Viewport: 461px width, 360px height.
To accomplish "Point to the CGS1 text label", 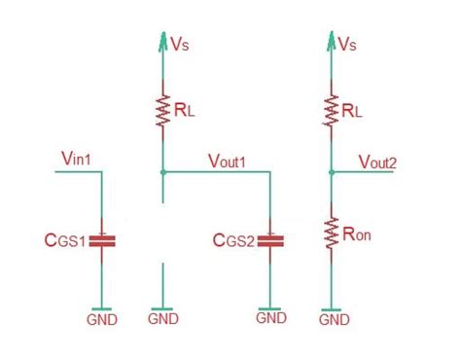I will point(64,240).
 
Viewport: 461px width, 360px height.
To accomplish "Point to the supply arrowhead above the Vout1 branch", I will point(162,41).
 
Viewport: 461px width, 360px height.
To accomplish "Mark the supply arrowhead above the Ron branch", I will point(334,41).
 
